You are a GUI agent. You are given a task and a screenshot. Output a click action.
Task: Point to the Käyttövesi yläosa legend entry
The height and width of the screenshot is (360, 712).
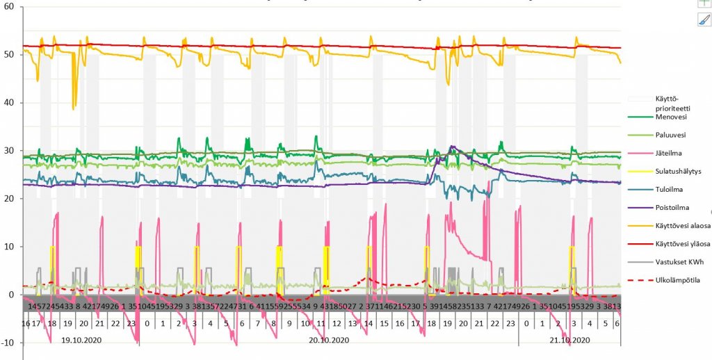tap(681, 245)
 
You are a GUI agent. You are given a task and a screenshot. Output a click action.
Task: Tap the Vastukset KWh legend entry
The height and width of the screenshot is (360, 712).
tap(678, 263)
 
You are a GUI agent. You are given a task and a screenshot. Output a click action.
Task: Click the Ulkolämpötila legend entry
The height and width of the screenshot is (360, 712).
tap(674, 281)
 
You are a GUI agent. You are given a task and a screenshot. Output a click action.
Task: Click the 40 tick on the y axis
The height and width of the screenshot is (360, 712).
tap(9, 103)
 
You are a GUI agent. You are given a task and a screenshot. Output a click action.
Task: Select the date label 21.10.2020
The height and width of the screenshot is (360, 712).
tap(569, 341)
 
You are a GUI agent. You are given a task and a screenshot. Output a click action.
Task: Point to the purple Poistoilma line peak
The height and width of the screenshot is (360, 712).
tap(452, 147)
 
